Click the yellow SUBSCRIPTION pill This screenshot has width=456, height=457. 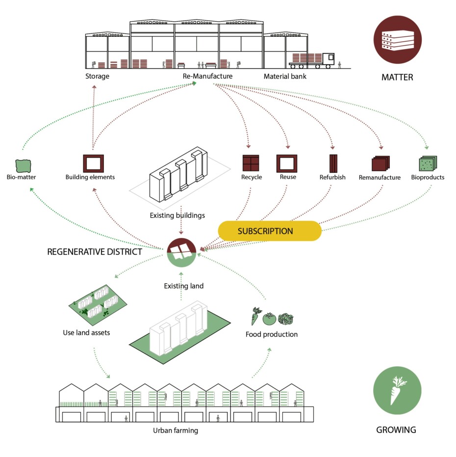click(269, 231)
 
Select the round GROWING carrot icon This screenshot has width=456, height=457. click(397, 391)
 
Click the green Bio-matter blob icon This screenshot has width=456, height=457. click(23, 165)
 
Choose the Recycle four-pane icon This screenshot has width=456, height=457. click(250, 163)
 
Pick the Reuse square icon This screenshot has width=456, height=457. click(287, 163)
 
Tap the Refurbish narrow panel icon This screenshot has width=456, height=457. click(333, 163)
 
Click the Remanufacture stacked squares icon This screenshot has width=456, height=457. click(380, 164)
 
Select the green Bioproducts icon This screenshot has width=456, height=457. click(427, 164)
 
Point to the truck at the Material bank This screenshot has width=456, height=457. click(312, 60)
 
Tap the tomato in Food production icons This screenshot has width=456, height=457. click(270, 319)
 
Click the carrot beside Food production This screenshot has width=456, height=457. click(256, 316)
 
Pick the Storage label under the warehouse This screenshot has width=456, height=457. click(97, 76)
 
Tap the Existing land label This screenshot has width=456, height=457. click(183, 286)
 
